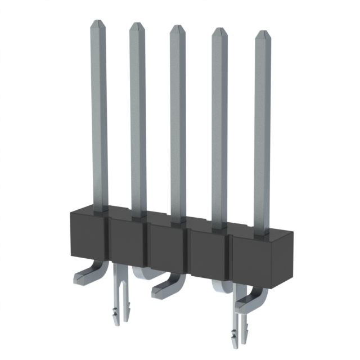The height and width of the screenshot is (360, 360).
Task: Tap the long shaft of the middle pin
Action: click(178, 124)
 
